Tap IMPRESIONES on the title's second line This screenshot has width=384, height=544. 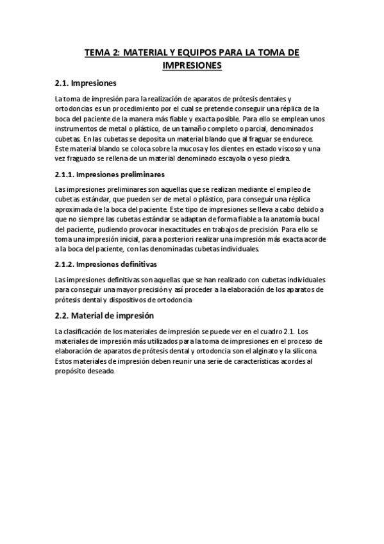pyautogui.click(x=192, y=65)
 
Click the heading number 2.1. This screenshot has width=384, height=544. pyautogui.click(x=62, y=83)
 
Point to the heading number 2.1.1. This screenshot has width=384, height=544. pyautogui.click(x=67, y=174)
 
